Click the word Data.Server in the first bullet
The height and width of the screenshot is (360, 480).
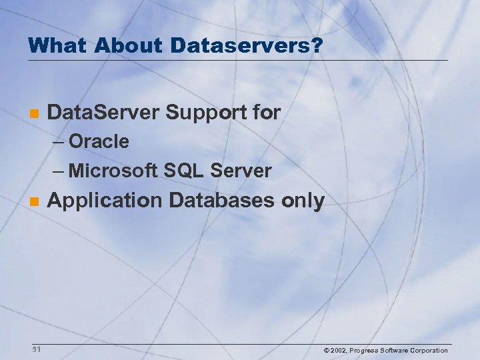tap(104, 113)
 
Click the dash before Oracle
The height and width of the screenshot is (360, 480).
tap(58, 142)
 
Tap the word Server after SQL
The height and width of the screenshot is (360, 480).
tap(241, 171)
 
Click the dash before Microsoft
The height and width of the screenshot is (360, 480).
tap(58, 171)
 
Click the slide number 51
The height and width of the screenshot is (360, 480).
tap(36, 349)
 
